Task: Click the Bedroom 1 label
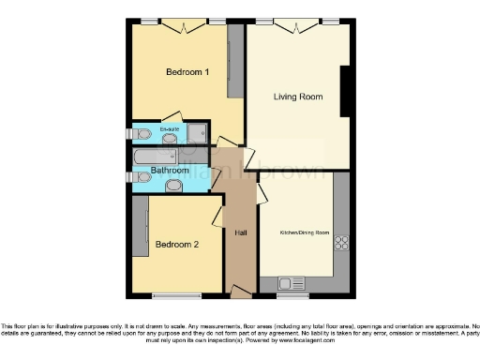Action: pyautogui.click(x=187, y=72)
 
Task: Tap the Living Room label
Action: pyautogui.click(x=298, y=97)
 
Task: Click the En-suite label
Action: pyautogui.click(x=170, y=128)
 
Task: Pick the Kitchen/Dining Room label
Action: pyautogui.click(x=305, y=232)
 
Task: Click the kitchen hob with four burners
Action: pyautogui.click(x=341, y=242)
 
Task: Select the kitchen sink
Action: pyautogui.click(x=287, y=281)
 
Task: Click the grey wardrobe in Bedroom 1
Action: pyautogui.click(x=236, y=61)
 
